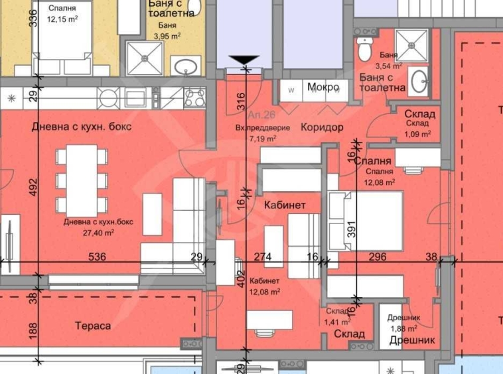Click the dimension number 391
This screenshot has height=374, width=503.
(x=353, y=229)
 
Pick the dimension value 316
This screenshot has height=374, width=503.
(x=240, y=101)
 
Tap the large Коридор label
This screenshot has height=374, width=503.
(x=321, y=127)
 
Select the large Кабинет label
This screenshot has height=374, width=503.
(x=285, y=206)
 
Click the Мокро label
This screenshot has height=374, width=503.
(x=323, y=88)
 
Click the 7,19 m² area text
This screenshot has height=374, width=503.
(x=263, y=139)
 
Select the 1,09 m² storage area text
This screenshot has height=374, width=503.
(x=417, y=133)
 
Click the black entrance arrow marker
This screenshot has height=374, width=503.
(x=246, y=62)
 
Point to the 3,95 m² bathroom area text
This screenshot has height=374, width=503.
(x=166, y=36)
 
